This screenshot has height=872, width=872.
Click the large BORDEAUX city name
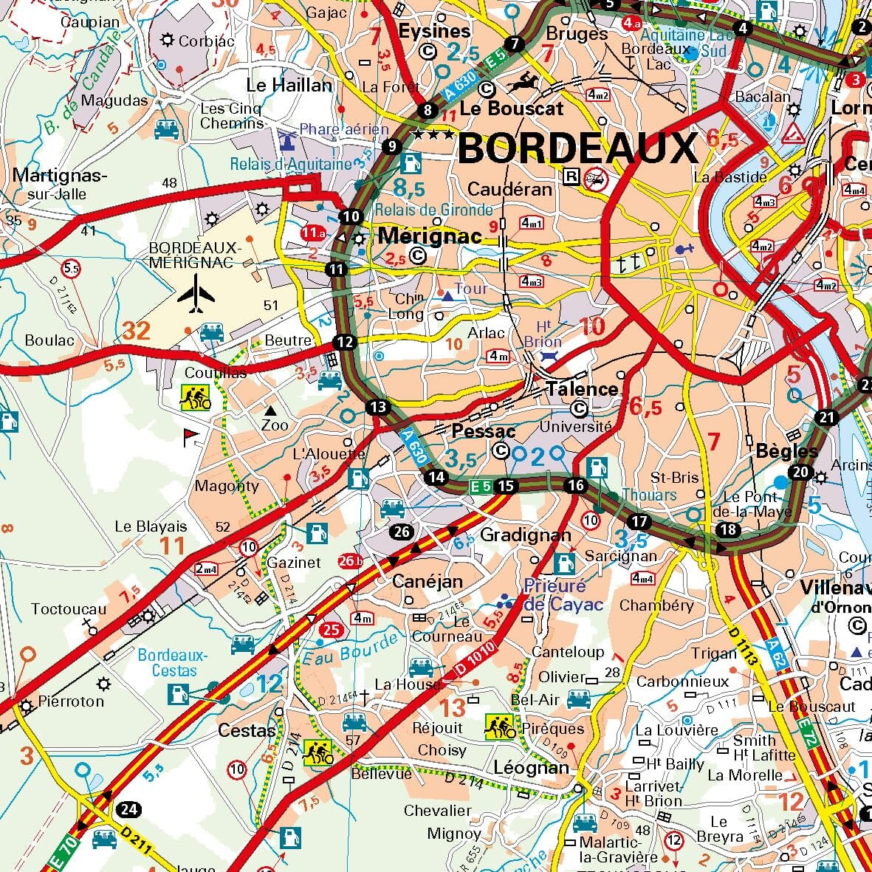point(577,149)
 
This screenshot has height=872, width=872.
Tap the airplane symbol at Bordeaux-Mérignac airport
point(196,294)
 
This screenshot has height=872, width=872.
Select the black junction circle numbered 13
point(378,407)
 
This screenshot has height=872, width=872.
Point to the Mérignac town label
point(429,236)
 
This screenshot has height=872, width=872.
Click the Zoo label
point(275,425)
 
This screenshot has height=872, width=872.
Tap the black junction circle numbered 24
point(129,809)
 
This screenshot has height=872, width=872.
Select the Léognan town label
point(531,767)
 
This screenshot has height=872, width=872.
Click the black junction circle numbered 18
point(728,529)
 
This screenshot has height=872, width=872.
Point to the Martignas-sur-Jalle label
point(60,185)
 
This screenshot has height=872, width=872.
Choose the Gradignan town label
point(525,535)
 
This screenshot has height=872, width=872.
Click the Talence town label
point(582,389)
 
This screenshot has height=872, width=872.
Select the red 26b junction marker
point(351,561)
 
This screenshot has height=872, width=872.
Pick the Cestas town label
point(247,730)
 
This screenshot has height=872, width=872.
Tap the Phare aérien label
point(343,129)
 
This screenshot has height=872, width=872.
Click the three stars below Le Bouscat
point(433,134)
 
